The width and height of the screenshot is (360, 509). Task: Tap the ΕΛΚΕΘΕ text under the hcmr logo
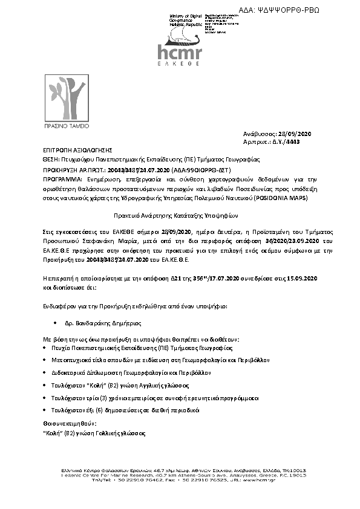(179, 63)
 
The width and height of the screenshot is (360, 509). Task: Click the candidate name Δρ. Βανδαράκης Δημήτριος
(100, 324)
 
